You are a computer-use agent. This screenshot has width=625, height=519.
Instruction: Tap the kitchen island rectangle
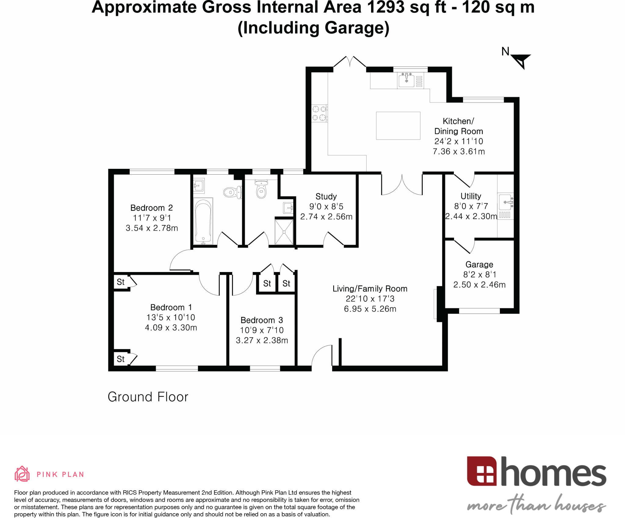pyautogui.click(x=398, y=125)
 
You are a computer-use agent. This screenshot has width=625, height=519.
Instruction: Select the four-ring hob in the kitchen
pyautogui.click(x=319, y=113)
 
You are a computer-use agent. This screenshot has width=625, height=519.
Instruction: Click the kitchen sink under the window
pyautogui.click(x=406, y=80)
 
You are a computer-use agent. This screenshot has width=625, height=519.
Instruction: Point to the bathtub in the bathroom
pyautogui.click(x=203, y=221)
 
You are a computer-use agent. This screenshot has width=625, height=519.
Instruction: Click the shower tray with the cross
pyautogui.click(x=284, y=232)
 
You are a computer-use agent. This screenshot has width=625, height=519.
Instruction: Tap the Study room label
pyautogui.click(x=326, y=196)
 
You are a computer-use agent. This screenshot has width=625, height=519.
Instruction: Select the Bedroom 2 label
pyautogui.click(x=151, y=208)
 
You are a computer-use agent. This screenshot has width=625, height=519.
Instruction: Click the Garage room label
pyautogui.click(x=479, y=264)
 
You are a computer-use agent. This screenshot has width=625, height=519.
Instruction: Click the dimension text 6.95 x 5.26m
pyautogui.click(x=370, y=309)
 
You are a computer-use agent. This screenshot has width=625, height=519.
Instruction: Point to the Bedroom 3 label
pyautogui.click(x=262, y=320)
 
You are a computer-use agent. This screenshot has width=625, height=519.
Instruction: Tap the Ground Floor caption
pyautogui.click(x=148, y=397)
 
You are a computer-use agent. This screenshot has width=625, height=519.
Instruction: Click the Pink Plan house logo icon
pyautogui.click(x=22, y=474)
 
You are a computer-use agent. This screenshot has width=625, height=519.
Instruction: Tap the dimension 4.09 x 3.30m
pyautogui.click(x=171, y=328)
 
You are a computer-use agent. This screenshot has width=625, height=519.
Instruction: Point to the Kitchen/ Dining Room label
pyautogui.click(x=458, y=126)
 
